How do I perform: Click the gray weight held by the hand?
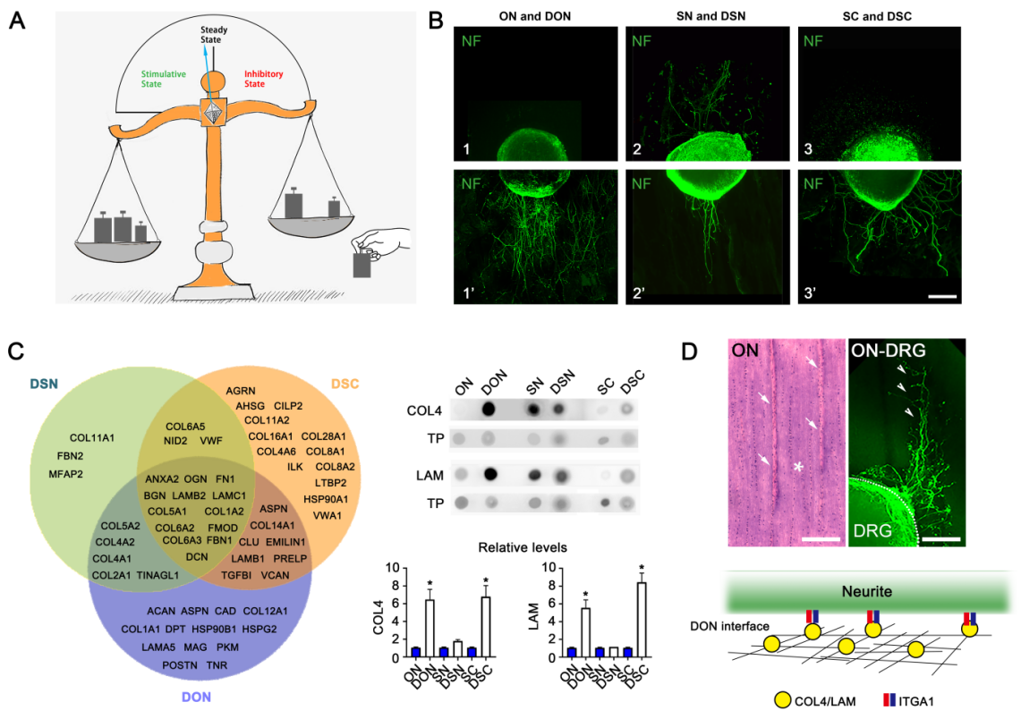[362, 266]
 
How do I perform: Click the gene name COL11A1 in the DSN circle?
[93, 438]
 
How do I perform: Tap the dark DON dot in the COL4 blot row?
[489, 410]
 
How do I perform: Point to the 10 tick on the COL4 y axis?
[392, 568]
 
